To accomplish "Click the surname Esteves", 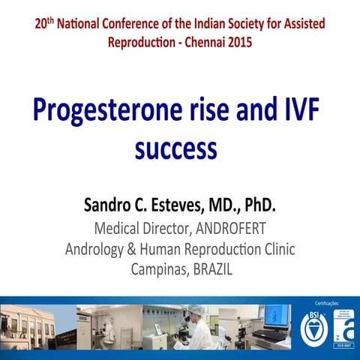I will click(x=187, y=204).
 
